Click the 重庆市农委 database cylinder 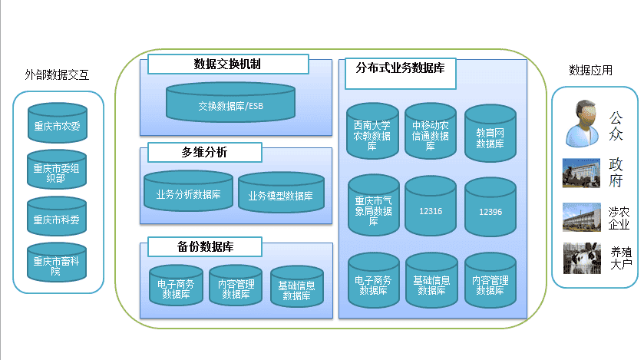pyautogui.click(x=58, y=123)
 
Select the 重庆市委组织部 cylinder pyautogui.click(x=57, y=169)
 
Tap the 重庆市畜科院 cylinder pyautogui.click(x=57, y=263)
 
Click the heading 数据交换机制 pyautogui.click(x=227, y=64)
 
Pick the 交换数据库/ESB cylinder pyautogui.click(x=230, y=102)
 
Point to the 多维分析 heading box pyautogui.click(x=204, y=152)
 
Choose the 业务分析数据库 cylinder pyautogui.click(x=189, y=191)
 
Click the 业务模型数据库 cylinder pyautogui.click(x=282, y=193)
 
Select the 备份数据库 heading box pyautogui.click(x=204, y=246)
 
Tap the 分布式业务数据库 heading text pyautogui.click(x=401, y=68)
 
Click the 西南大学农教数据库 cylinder pyautogui.click(x=372, y=131)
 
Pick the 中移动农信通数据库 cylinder pyautogui.click(x=431, y=131)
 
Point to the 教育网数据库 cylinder pyautogui.click(x=490, y=133)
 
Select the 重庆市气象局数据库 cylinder pyautogui.click(x=373, y=205)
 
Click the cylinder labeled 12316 pyautogui.click(x=431, y=206)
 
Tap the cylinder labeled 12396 pyautogui.click(x=490, y=207)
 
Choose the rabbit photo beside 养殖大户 pyautogui.click(x=582, y=258)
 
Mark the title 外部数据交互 pyautogui.click(x=57, y=74)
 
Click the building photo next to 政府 pyautogui.click(x=582, y=173)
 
